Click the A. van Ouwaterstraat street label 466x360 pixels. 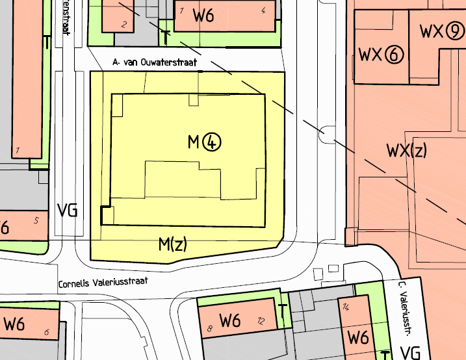click(154, 62)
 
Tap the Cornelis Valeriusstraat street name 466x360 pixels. click(103, 283)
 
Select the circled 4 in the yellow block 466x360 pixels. click(212, 142)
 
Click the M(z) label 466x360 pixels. click(173, 244)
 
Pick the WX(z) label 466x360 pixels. click(407, 151)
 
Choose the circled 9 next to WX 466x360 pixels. click(455, 31)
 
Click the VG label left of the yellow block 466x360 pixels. click(68, 210)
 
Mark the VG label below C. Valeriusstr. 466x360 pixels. click(411, 353)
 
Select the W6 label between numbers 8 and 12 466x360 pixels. click(231, 320)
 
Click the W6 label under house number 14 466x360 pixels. click(358, 337)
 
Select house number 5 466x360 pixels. click(36, 220)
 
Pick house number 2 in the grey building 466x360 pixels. click(123, 25)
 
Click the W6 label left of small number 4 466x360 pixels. click(203, 16)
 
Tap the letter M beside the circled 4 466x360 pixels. click(194, 142)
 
